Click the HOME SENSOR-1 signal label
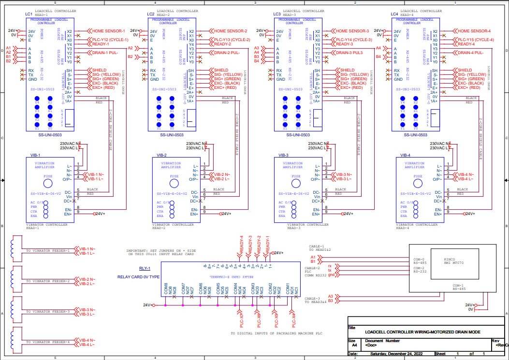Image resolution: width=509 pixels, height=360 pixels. [109, 31]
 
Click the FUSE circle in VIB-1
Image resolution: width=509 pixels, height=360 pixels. [48, 184]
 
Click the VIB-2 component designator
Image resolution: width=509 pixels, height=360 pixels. [161, 156]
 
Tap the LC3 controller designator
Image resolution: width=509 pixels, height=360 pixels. [276, 14]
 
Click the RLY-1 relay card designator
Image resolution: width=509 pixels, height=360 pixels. [145, 268]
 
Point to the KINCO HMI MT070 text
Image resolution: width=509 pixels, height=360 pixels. [451, 261]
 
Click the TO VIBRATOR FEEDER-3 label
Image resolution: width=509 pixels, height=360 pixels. [48, 312]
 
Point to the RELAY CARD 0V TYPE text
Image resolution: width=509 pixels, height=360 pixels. [138, 277]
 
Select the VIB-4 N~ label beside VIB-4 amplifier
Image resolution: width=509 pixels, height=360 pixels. [466, 174]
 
